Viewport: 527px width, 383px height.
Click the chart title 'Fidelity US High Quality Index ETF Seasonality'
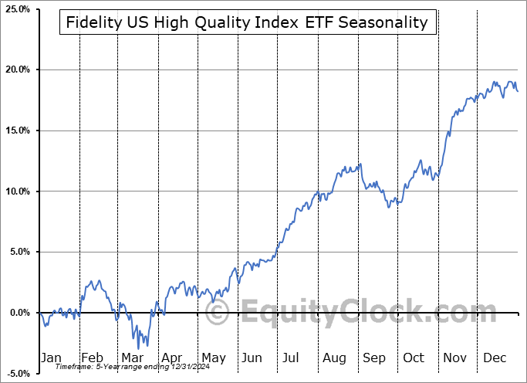point(247,22)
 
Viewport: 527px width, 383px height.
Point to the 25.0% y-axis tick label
point(15,9)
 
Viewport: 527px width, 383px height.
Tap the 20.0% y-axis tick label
point(15,69)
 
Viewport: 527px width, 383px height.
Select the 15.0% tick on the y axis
point(15,130)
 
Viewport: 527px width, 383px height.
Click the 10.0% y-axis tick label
point(15,191)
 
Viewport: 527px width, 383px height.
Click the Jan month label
point(51,358)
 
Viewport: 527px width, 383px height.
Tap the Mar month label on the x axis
point(131,358)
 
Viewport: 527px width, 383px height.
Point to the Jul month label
point(291,358)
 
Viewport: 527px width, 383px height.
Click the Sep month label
point(374,358)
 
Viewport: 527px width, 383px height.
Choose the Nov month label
point(454,358)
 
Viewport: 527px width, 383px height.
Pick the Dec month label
point(495,358)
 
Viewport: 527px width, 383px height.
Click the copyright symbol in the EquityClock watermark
point(218,314)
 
